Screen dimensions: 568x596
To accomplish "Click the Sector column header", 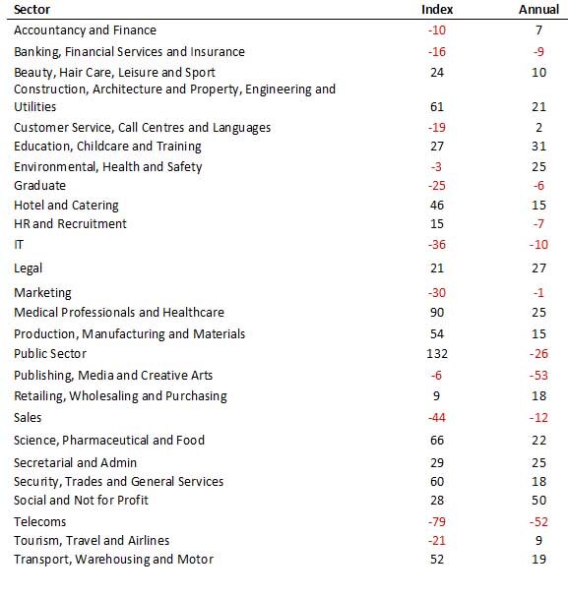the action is (x=32, y=9).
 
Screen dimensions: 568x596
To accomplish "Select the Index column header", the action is (x=437, y=9).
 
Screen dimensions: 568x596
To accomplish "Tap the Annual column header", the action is (x=538, y=9).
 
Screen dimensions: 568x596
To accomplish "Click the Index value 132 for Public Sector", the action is (x=437, y=353).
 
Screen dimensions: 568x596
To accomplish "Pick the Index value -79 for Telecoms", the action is (x=437, y=521).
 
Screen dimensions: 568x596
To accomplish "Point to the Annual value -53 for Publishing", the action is (x=538, y=375).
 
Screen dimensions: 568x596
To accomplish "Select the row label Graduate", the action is (x=39, y=186).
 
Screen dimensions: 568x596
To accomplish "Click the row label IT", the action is (x=19, y=245).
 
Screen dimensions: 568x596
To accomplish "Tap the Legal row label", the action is (x=28, y=268).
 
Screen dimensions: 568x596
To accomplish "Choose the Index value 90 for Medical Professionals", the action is (x=437, y=312).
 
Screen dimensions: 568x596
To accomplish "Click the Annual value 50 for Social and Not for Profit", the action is (x=538, y=500).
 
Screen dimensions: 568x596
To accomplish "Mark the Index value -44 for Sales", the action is (x=437, y=417).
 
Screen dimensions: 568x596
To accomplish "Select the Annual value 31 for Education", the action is (x=538, y=146).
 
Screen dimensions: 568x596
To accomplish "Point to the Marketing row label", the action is (x=42, y=293).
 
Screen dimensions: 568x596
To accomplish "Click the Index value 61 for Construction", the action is (x=437, y=106).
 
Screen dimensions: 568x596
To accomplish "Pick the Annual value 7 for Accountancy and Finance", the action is (x=538, y=30).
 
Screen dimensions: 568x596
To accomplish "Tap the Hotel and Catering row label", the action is (x=66, y=206).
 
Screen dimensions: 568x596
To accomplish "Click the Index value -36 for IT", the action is (x=437, y=245).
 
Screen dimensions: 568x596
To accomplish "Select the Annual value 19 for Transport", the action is (x=538, y=560).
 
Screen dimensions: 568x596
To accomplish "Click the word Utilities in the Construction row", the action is (x=35, y=106).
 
